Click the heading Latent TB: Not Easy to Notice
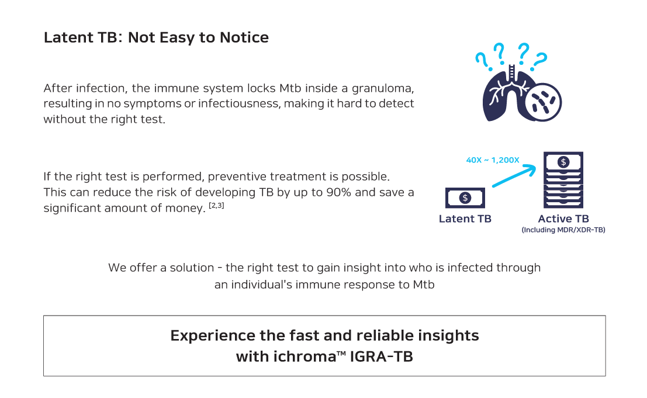point(156,37)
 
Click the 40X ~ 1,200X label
point(492,160)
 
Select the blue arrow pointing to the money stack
point(514,176)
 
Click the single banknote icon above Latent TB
point(465,198)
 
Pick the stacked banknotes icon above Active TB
point(563,180)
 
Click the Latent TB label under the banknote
point(465,219)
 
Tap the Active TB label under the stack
point(563,219)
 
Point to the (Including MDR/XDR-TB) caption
point(563,230)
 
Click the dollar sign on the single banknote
point(465,198)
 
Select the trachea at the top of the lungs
point(511,73)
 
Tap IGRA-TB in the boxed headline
point(381,357)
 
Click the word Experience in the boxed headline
point(213,335)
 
